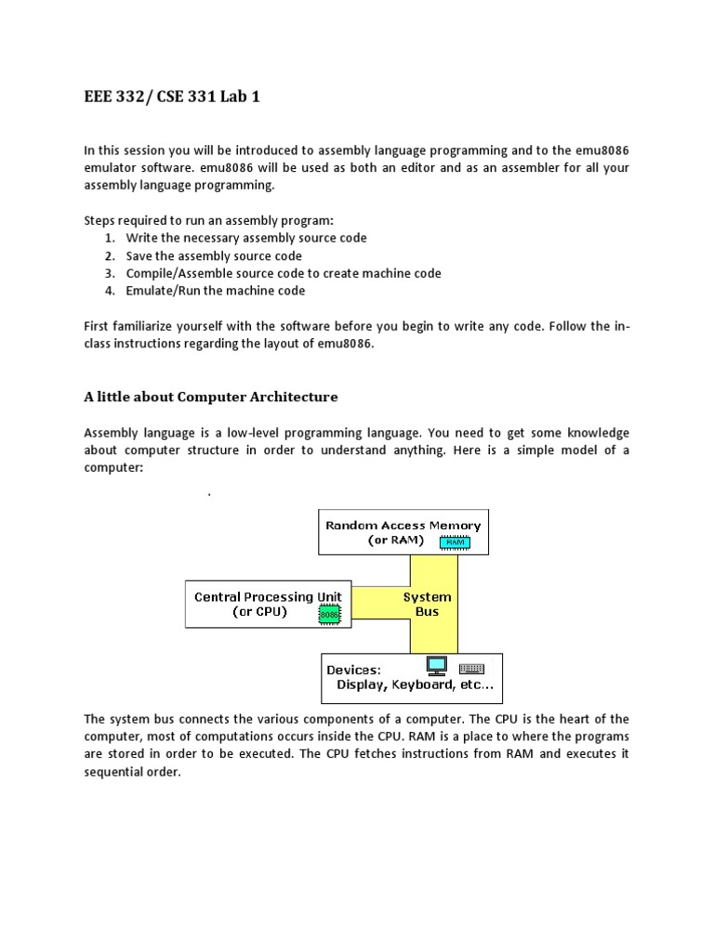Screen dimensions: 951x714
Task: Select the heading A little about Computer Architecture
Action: coord(211,397)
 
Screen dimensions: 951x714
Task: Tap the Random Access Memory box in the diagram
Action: coord(403,532)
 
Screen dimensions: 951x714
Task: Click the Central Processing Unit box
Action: coord(269,605)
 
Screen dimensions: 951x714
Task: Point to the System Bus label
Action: coord(427,605)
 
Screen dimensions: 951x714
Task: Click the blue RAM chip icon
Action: coord(456,541)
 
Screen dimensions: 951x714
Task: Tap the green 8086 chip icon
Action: coord(329,614)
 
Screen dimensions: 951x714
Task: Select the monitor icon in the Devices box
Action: coord(436,666)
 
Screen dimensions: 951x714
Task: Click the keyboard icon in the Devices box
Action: coord(471,668)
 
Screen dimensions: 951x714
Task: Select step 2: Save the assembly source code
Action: coord(214,255)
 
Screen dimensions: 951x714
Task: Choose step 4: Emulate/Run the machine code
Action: coord(215,291)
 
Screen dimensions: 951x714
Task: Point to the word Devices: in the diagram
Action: coord(353,670)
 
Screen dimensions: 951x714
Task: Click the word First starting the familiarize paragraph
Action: coord(99,326)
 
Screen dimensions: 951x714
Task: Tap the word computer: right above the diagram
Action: coord(113,469)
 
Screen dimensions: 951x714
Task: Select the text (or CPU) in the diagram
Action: coord(259,613)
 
